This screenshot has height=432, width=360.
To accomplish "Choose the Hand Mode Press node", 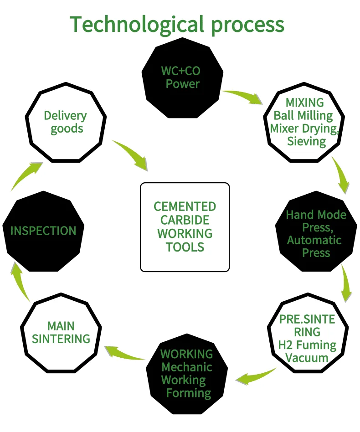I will [x=316, y=234].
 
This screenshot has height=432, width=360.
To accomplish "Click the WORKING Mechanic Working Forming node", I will [x=186, y=373].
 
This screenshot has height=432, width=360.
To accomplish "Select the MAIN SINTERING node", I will [x=61, y=332].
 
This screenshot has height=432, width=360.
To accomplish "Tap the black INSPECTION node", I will [x=43, y=231].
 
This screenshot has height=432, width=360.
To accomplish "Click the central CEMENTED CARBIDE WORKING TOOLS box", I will [x=185, y=227].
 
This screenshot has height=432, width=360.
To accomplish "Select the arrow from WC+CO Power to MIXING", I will [x=243, y=96].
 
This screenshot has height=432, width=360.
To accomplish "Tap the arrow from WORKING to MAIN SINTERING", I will [x=124, y=354].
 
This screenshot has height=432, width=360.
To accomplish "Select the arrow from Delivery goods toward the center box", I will [x=132, y=155].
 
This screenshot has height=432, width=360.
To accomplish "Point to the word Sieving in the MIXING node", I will [x=306, y=141].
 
